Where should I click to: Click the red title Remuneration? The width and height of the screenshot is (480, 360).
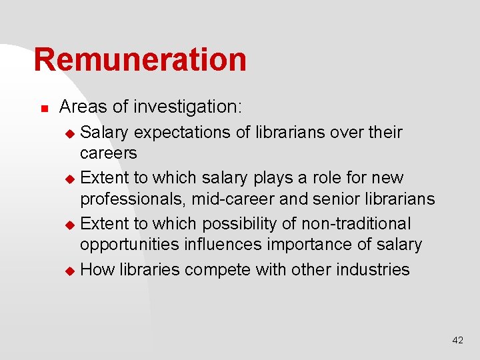coord(140,59)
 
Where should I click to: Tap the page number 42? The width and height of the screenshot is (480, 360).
coord(457,340)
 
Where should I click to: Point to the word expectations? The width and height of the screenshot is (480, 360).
coord(183,133)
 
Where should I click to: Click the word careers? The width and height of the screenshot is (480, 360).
coord(108,153)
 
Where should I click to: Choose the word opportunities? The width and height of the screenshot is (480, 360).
coord(129,245)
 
